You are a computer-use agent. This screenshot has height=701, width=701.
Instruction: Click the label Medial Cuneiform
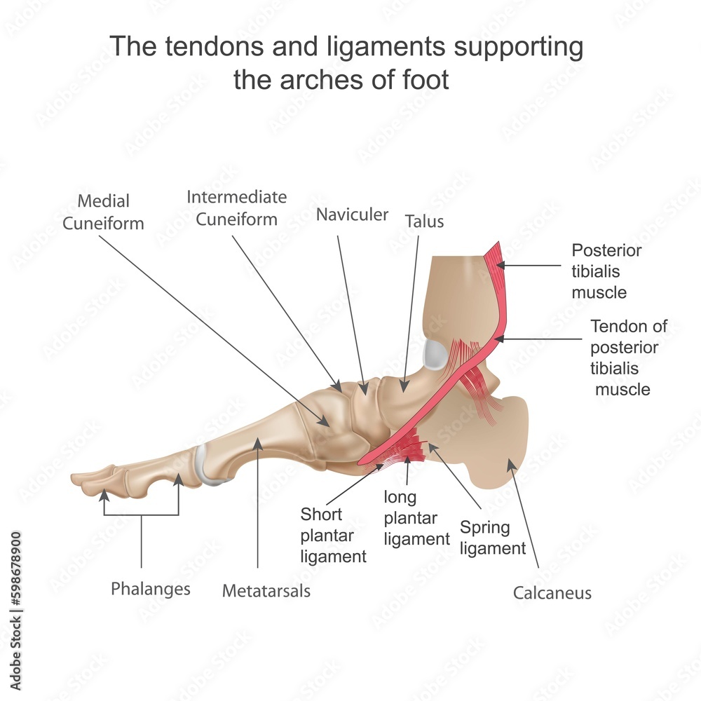point(103,212)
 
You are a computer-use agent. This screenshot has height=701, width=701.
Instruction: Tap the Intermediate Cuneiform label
point(237,208)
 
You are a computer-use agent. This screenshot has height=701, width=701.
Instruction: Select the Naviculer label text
point(352,215)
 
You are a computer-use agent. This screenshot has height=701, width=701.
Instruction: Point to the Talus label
point(424,222)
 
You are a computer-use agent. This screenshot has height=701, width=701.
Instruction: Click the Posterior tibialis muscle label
point(606,271)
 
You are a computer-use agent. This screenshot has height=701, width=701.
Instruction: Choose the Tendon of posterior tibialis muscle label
point(627,358)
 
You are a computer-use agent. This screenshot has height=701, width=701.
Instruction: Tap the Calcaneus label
point(552,593)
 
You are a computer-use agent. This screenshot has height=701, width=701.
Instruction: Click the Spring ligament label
point(493,538)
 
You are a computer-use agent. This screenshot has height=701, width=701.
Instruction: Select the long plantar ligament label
point(416,518)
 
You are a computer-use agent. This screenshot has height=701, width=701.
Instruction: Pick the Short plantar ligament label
point(333,536)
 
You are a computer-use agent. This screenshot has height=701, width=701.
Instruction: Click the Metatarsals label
point(266,591)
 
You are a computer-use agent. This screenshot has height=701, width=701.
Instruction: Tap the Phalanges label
point(151,589)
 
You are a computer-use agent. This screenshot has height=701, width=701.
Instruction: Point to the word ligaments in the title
point(367,47)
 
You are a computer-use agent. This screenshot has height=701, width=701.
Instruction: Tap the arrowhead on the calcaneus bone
point(510,462)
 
